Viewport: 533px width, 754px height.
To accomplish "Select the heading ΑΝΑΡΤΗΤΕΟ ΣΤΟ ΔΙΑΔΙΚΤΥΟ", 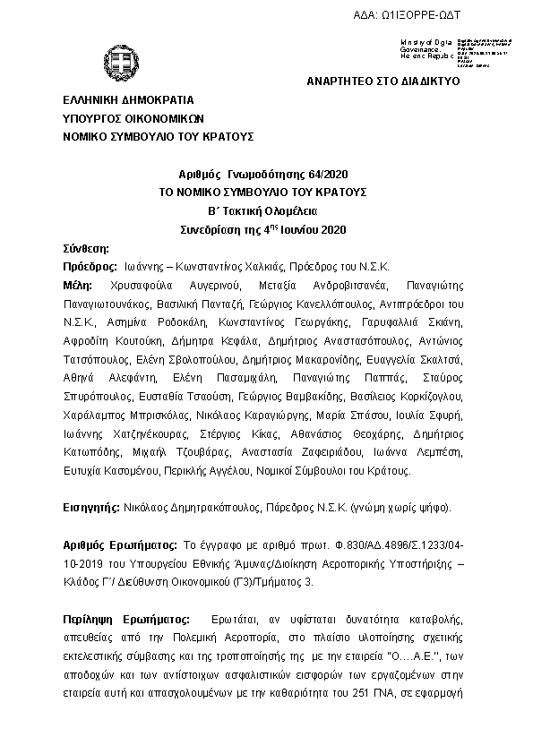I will [383, 81].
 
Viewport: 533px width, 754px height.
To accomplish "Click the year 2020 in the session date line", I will [331, 230].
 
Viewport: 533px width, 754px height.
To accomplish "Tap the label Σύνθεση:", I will [87, 248].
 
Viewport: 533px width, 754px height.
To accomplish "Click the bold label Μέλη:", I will [78, 286].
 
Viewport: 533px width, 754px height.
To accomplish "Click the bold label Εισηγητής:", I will [92, 508].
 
